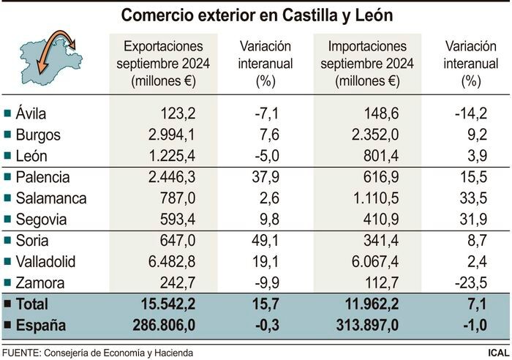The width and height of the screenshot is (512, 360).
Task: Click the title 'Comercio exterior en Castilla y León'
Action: click(x=255, y=15)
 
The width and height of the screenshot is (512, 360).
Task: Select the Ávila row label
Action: click(x=31, y=113)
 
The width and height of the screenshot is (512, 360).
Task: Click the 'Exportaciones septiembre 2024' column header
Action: click(x=163, y=64)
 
